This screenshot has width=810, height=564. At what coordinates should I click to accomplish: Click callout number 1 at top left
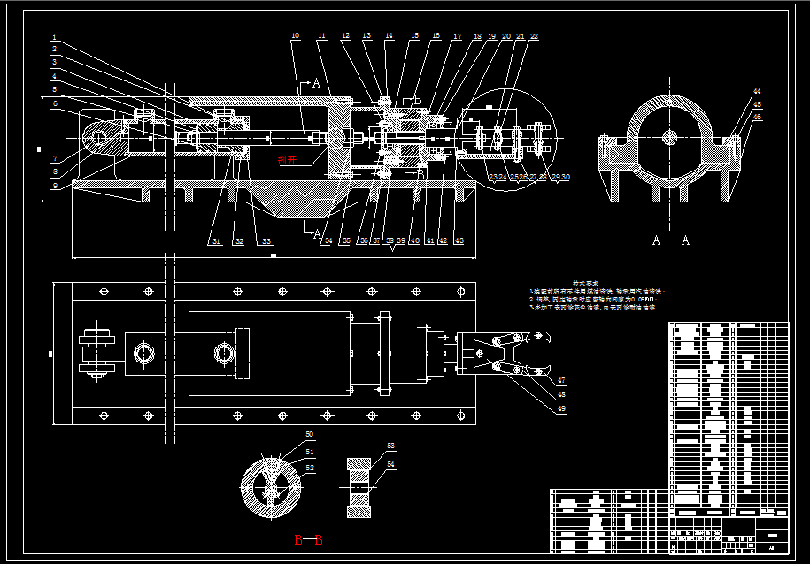pos(54,38)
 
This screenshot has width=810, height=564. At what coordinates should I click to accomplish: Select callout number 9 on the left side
pos(54,185)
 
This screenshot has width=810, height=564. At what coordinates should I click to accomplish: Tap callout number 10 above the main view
pos(295,36)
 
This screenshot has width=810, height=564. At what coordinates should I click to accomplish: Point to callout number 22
pos(534,36)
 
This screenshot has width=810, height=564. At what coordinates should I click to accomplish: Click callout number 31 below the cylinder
pos(214,241)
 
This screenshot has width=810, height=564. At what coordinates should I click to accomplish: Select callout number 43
pos(459,240)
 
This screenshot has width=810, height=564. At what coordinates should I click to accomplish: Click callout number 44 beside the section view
pos(757,91)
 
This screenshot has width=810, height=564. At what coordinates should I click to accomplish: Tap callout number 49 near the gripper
pos(561,408)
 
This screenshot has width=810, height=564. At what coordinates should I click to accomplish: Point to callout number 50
pos(310,434)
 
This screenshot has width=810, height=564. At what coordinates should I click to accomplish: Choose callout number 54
pos(391,464)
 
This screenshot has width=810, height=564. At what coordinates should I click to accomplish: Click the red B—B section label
pos(308,539)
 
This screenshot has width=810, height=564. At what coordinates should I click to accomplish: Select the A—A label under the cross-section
pos(670,240)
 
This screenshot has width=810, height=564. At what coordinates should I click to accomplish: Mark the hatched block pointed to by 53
pos(359,485)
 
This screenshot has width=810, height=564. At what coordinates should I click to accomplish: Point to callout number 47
pos(561,380)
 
